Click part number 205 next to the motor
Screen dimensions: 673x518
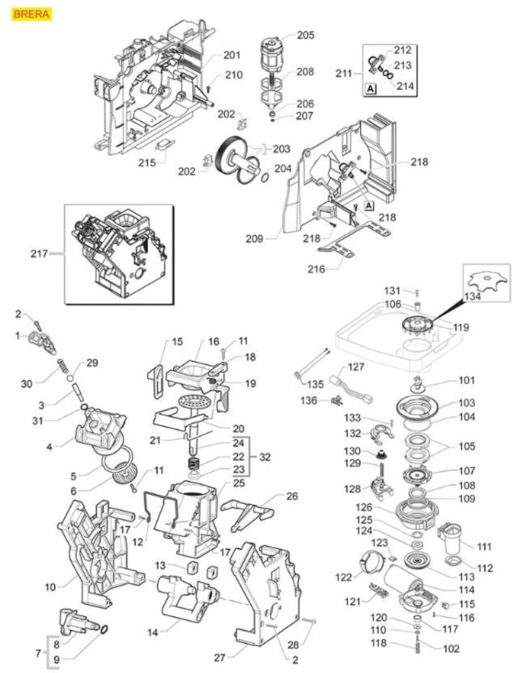[305, 35]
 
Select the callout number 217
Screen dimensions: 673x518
[40, 253]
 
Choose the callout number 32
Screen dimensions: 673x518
[264, 456]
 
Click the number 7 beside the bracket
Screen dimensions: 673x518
[38, 653]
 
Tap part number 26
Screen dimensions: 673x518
[291, 496]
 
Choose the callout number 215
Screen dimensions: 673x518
[148, 160]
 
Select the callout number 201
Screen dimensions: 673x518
[232, 55]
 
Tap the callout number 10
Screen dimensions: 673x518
[50, 585]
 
